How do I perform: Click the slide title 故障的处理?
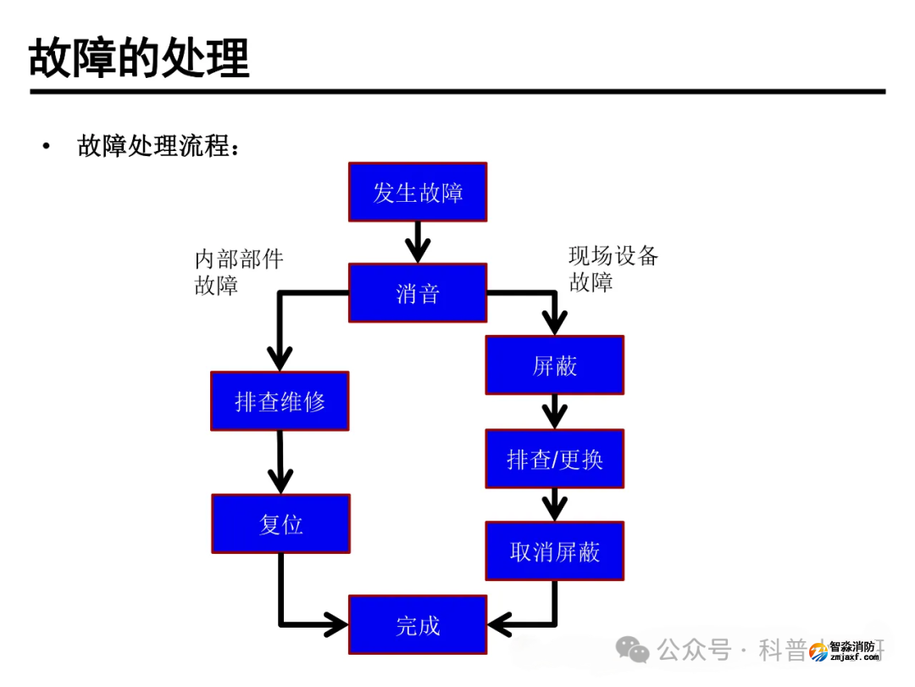pyautogui.click(x=139, y=57)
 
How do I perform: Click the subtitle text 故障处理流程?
pyautogui.click(x=158, y=146)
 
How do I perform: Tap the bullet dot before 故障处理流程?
pyautogui.click(x=46, y=147)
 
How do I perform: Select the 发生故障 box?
pyautogui.click(x=418, y=193)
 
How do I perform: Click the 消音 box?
pyautogui.click(x=418, y=293)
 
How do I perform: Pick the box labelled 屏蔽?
pyautogui.click(x=554, y=366)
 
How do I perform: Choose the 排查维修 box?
pyautogui.click(x=280, y=401)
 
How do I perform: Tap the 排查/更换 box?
pyautogui.click(x=554, y=459)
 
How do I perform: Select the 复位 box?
pyautogui.click(x=280, y=524)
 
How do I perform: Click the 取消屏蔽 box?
pyautogui.click(x=554, y=552)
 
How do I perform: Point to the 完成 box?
pyautogui.click(x=418, y=625)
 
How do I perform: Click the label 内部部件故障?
pyautogui.click(x=238, y=271)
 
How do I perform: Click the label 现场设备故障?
pyautogui.click(x=613, y=268)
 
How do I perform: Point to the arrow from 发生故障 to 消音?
pyautogui.click(x=418, y=243)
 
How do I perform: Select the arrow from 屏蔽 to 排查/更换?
pyautogui.click(x=554, y=412)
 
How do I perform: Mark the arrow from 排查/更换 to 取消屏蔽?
pyautogui.click(x=554, y=505)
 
